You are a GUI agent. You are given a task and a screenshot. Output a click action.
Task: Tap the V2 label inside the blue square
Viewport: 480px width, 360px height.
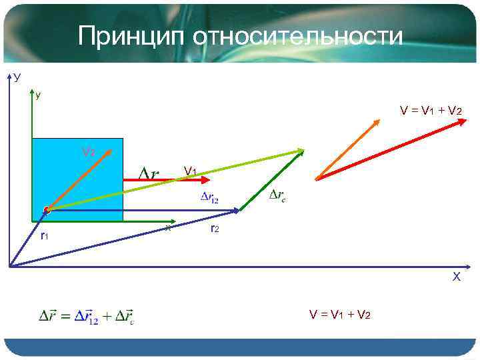(88, 152)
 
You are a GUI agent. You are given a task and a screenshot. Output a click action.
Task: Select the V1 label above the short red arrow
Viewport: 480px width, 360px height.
(190, 171)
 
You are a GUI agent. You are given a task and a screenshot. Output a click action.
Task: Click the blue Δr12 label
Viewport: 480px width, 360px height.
(209, 197)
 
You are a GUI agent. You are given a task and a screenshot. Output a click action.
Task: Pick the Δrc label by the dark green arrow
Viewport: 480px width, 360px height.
(278, 195)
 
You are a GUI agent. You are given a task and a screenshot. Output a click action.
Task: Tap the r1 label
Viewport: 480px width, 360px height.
(44, 235)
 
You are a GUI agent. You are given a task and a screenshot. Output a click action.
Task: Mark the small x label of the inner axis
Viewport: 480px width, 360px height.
(168, 228)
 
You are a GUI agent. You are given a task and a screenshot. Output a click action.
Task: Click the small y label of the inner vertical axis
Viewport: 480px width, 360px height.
(38, 95)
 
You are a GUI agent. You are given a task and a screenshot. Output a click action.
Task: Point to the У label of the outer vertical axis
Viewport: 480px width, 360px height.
(17, 78)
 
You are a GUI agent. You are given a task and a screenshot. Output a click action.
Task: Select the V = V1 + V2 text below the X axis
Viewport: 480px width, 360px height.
(339, 314)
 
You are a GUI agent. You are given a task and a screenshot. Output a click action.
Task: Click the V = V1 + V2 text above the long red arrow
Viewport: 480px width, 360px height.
(431, 109)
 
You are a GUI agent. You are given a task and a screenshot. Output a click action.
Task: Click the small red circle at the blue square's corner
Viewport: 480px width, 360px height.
(47, 211)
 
